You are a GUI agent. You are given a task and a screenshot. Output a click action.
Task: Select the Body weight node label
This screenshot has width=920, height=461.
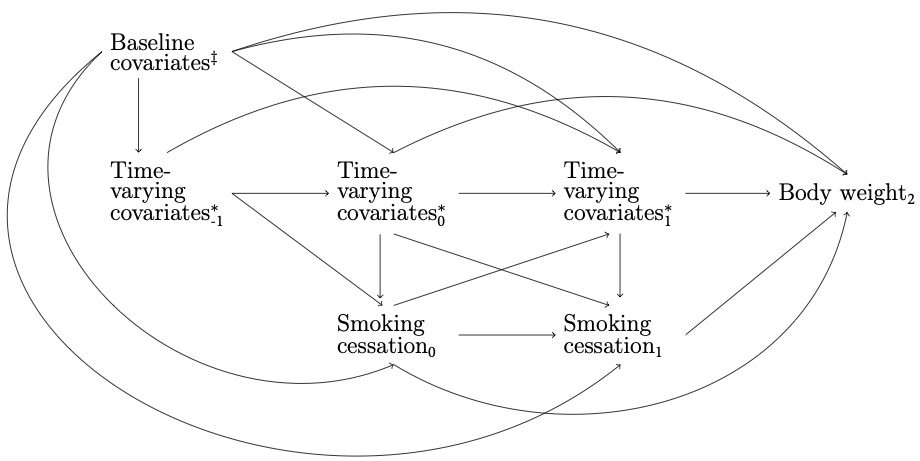846,194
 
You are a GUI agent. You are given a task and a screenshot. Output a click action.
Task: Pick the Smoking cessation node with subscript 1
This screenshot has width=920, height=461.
612,336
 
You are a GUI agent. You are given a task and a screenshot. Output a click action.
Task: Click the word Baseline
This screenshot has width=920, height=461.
151,44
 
